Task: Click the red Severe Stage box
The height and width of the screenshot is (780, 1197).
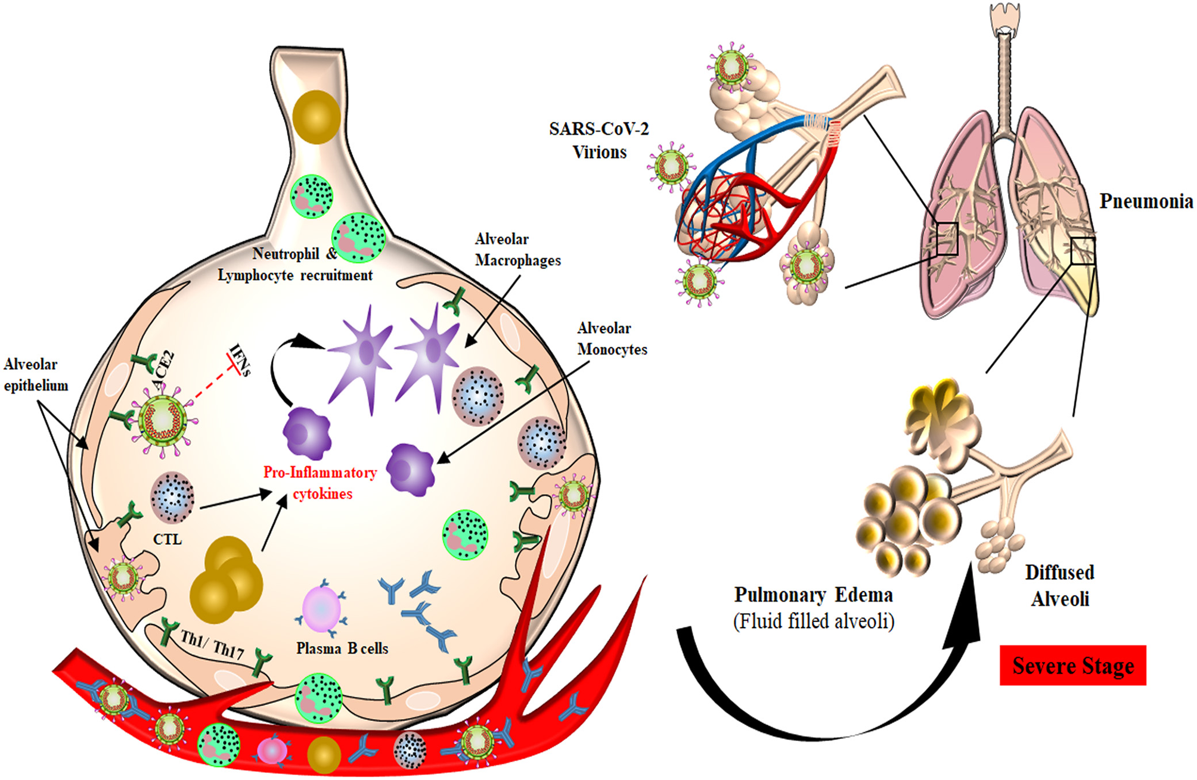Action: coord(1072,665)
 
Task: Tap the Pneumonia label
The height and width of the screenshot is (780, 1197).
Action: coord(1146,201)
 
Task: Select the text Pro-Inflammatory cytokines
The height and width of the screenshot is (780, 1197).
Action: coord(321,483)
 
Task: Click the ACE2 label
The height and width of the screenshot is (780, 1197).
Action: coord(164,370)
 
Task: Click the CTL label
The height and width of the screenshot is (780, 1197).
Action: coord(167,539)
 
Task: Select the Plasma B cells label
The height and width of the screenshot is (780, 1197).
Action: coord(342,648)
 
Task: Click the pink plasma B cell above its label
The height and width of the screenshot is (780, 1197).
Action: coord(321,609)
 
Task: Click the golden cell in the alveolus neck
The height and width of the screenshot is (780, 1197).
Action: coord(317,117)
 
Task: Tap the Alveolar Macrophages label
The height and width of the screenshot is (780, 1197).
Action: coord(517,250)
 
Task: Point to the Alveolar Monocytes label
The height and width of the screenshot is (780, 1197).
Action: coord(612,338)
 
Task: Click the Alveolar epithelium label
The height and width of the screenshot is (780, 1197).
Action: coord(36,375)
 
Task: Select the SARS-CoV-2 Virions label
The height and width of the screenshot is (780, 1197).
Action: coord(599,140)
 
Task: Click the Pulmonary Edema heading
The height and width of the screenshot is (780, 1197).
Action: coord(813,595)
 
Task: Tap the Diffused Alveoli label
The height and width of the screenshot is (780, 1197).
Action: coord(1059,585)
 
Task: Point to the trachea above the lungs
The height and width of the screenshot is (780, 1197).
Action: coord(1004,77)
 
